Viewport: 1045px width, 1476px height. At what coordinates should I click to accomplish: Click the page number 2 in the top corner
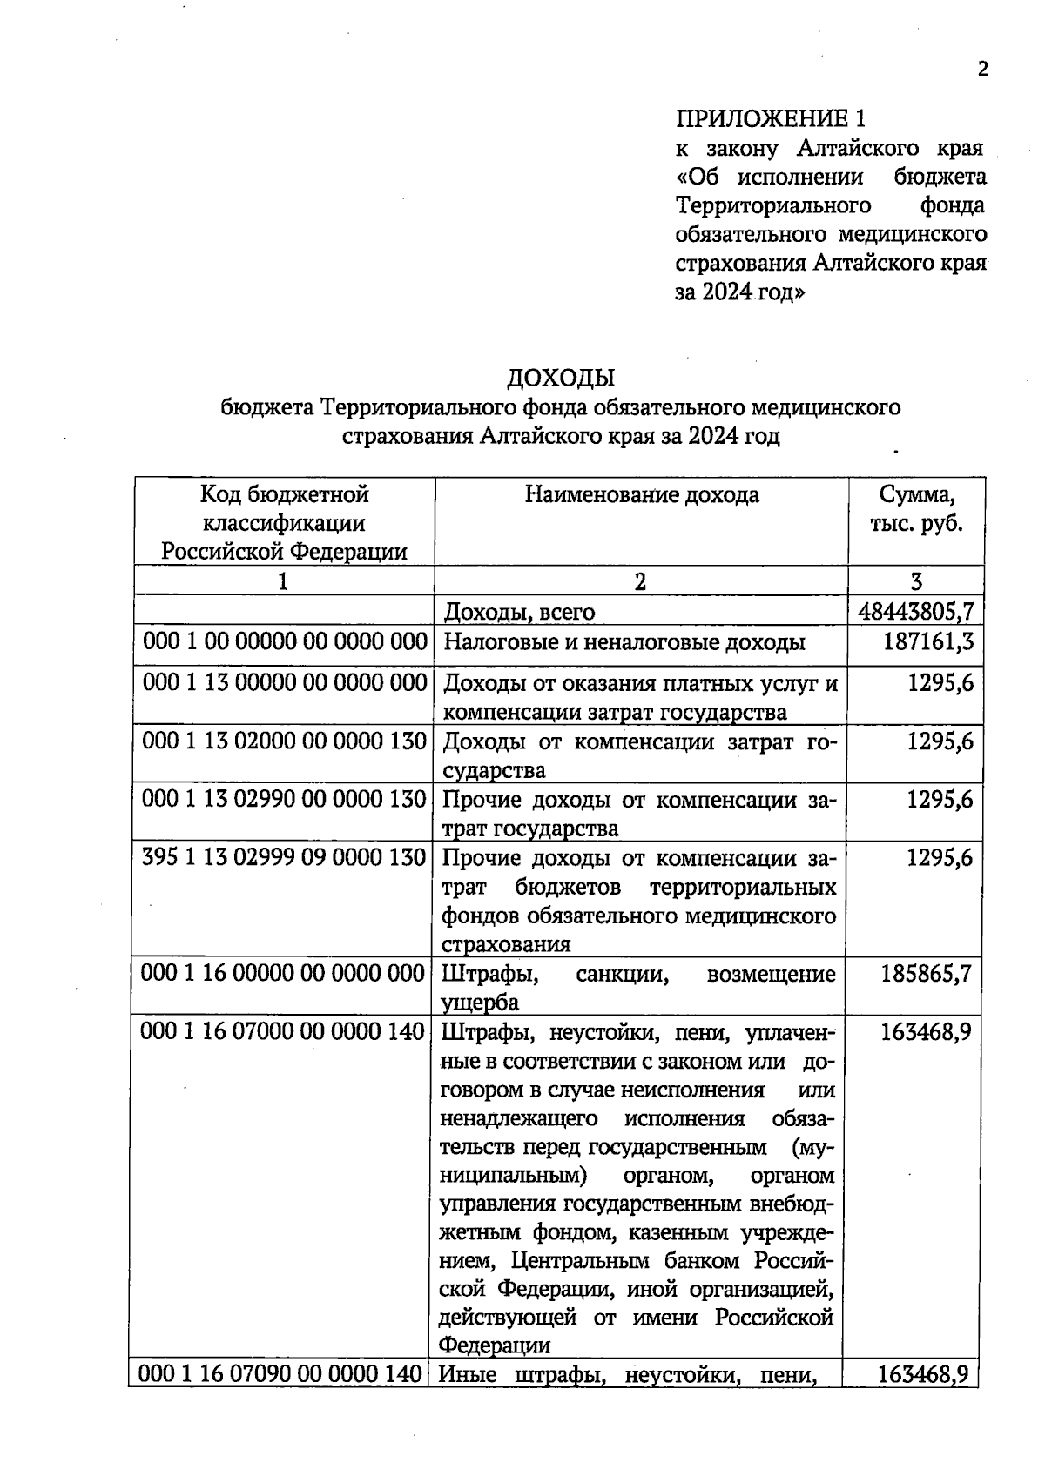[982, 70]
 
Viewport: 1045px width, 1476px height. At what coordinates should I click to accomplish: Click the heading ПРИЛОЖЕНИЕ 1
[772, 118]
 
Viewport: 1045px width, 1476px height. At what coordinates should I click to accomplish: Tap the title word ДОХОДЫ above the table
[561, 378]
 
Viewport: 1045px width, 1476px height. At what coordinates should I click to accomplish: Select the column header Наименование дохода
[642, 495]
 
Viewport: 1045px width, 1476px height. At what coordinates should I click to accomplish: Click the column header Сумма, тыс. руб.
[916, 510]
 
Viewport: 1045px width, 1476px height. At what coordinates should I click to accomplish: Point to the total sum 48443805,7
[915, 612]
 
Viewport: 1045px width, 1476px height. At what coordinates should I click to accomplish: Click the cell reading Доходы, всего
[519, 612]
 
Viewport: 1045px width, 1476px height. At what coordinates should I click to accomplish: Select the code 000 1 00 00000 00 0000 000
[284, 642]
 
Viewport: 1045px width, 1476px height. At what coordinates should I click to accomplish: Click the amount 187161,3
[927, 642]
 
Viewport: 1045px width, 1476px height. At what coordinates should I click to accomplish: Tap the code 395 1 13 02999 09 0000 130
[284, 858]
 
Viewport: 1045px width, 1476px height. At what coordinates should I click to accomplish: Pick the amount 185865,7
[926, 973]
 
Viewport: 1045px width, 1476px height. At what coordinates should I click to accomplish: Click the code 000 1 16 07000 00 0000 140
[283, 1032]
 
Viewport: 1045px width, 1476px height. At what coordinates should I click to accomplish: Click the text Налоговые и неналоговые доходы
[624, 643]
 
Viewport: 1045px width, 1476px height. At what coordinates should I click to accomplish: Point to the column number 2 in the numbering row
[640, 581]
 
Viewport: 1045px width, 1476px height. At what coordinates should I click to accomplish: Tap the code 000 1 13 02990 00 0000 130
[284, 800]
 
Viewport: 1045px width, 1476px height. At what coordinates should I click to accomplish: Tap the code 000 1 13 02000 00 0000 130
[284, 741]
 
